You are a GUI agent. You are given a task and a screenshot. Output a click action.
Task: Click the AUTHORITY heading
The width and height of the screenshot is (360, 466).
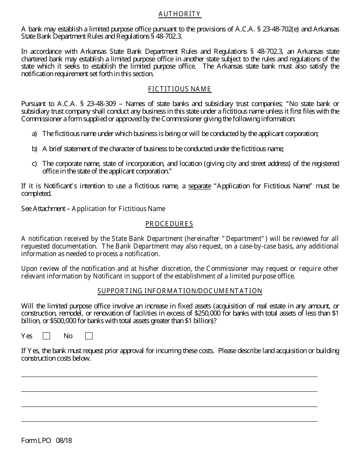180,14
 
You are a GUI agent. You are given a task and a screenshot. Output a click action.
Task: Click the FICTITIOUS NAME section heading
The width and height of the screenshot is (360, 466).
180,89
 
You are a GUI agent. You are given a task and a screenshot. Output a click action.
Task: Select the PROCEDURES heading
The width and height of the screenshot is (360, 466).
169,224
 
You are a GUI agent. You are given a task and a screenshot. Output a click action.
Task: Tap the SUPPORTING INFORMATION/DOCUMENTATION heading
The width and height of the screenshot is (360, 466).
180,291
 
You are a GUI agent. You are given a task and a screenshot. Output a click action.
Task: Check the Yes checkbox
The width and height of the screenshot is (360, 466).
47,336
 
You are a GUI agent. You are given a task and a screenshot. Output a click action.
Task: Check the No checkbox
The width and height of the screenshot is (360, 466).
89,336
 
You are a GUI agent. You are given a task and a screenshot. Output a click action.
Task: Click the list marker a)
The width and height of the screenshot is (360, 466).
34,134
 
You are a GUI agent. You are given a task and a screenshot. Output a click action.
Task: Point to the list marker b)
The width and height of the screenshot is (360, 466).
34,149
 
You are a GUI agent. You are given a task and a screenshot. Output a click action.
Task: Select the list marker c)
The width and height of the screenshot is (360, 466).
34,164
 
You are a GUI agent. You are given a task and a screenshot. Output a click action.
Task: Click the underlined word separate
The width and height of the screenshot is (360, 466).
199,186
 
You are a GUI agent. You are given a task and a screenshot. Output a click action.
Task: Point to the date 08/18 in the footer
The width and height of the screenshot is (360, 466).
64,441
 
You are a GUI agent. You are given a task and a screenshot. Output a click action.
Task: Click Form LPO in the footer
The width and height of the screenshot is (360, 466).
36,441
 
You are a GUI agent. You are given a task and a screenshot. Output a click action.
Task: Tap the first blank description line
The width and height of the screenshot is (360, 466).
169,376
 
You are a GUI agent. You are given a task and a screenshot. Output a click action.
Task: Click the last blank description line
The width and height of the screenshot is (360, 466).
169,421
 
